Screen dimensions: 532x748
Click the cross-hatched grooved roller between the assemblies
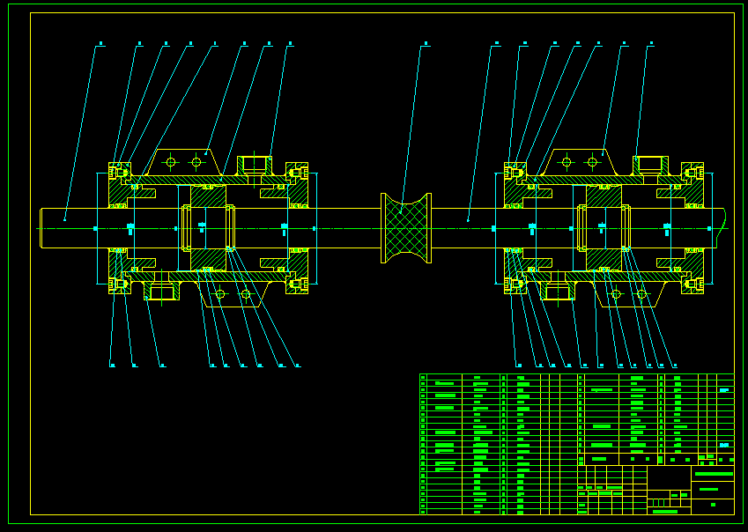click(405, 228)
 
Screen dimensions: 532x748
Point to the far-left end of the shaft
click(42, 228)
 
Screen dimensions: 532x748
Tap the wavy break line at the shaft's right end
click(722, 227)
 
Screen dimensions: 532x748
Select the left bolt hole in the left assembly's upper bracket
click(171, 162)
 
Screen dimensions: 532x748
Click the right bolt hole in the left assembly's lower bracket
click(246, 294)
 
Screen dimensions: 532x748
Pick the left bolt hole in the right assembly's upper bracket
click(567, 162)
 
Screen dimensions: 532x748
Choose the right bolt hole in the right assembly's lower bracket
click(641, 294)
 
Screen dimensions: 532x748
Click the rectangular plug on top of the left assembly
click(254, 164)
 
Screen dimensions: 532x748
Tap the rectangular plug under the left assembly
click(162, 292)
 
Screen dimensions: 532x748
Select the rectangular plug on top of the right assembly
click(649, 164)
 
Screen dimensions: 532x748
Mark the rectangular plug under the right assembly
click(559, 292)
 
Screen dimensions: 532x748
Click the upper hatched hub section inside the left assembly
click(209, 196)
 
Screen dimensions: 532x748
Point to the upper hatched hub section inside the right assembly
click(604, 196)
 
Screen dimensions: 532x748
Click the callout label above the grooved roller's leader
click(426, 43)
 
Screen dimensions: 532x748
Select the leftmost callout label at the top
click(100, 43)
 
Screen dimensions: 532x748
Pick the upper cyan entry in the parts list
click(724, 390)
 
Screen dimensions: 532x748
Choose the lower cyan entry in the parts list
click(724, 446)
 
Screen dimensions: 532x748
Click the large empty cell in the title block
click(669, 478)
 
